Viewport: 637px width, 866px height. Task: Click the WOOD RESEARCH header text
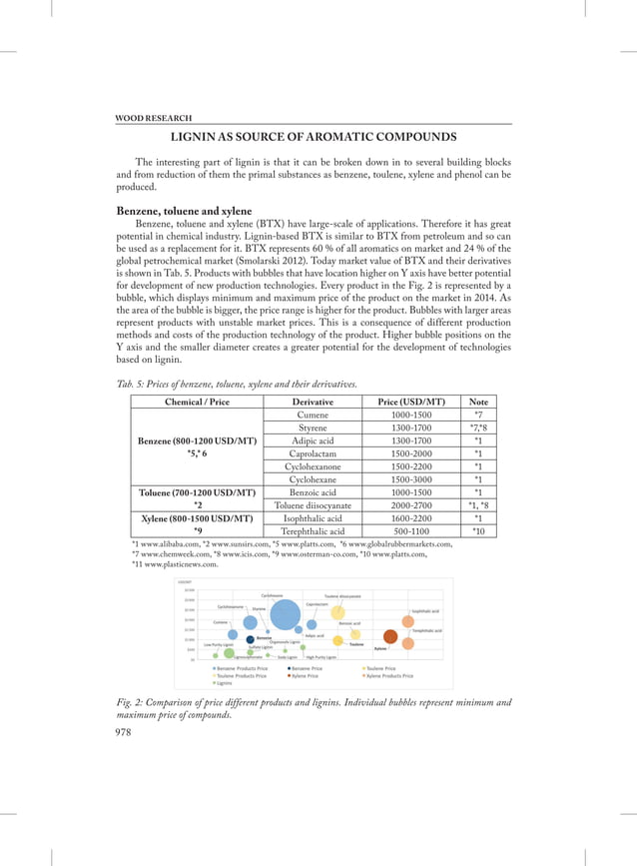tap(155, 118)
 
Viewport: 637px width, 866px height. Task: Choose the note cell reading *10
tap(478, 531)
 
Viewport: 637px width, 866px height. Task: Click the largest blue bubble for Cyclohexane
tap(285, 616)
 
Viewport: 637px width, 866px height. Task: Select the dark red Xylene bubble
tap(390, 635)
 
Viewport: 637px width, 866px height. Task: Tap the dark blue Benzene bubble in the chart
tap(250, 639)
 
